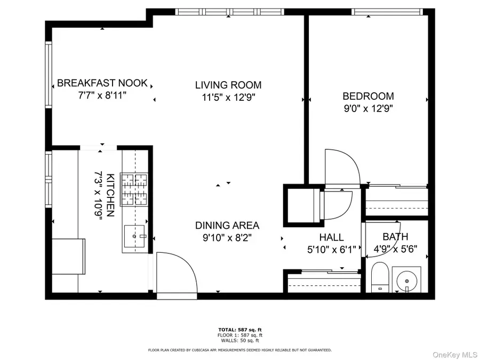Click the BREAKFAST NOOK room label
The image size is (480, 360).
click(x=102, y=83)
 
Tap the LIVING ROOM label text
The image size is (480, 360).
click(x=228, y=85)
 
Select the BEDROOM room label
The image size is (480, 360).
click(x=368, y=97)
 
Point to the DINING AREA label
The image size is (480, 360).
click(x=227, y=225)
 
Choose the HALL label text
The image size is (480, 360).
click(x=331, y=237)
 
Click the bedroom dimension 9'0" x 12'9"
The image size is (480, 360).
click(x=368, y=108)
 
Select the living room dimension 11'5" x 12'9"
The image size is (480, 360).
click(x=228, y=97)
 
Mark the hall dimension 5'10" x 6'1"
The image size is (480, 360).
click(x=331, y=249)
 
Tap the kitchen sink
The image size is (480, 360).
click(x=135, y=236)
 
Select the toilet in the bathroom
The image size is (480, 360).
click(x=380, y=277)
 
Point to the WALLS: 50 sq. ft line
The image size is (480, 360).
click(x=239, y=340)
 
